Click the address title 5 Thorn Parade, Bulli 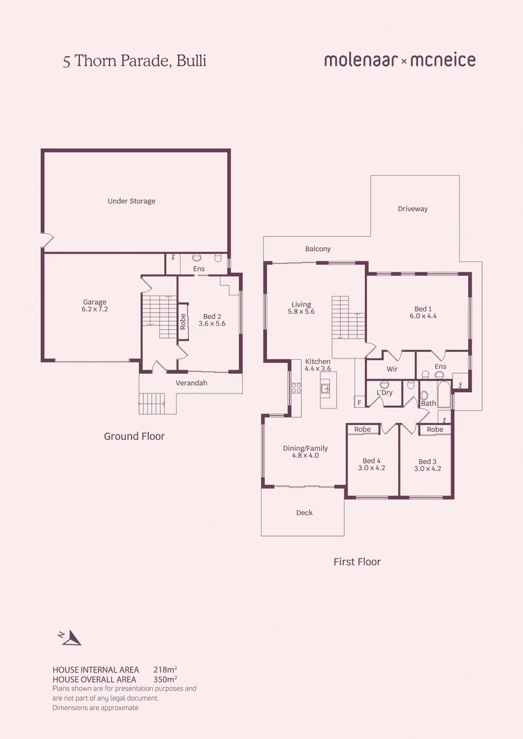coord(134,61)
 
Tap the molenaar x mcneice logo coord(399,60)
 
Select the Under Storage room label coord(131,201)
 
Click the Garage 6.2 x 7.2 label coord(94,306)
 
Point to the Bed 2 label coord(212,320)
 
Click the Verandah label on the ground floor coord(191,383)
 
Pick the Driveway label coord(413,209)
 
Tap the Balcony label coord(318,249)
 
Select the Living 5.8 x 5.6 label coord(301,308)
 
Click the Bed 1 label coord(423,313)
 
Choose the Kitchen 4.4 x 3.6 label coord(318,365)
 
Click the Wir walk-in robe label coord(392,369)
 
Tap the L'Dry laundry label coord(384,393)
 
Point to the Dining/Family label coord(305,452)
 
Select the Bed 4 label coord(371,465)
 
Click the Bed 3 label coord(427,465)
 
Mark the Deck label coord(305,513)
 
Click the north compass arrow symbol coord(71,638)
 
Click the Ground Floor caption coord(134,436)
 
